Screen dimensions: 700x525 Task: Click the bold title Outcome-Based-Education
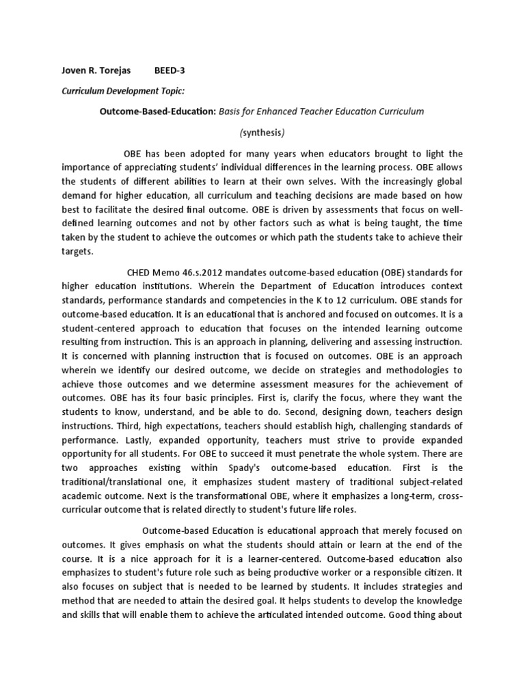(157, 111)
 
